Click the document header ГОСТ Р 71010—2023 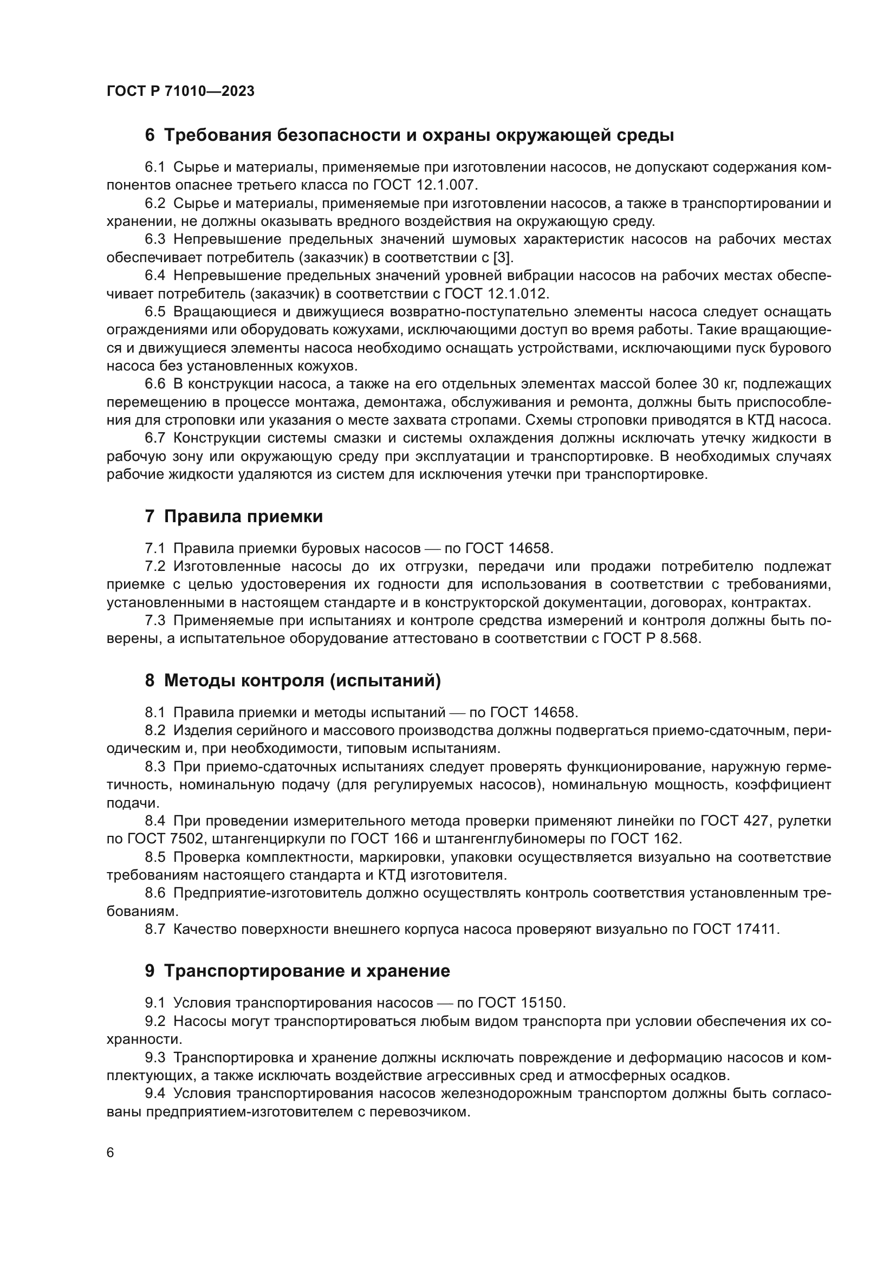coord(180,92)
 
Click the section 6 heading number coord(150,136)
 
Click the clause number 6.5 coord(155,312)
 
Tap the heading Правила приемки coord(243,517)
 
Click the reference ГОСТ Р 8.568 coord(652,639)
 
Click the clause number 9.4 coord(155,1093)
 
